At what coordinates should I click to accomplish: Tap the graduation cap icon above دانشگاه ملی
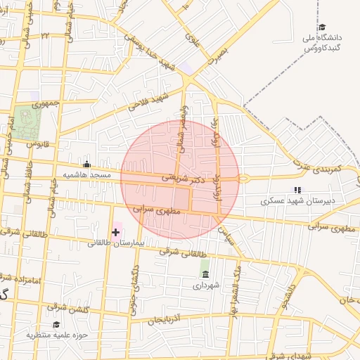[322, 27]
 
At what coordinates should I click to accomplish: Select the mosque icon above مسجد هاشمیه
[86, 165]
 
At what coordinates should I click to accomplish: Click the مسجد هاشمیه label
[87, 174]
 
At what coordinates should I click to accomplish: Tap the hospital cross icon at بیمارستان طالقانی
[115, 232]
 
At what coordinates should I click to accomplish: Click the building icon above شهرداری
[205, 274]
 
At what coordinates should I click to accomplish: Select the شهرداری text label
[206, 285]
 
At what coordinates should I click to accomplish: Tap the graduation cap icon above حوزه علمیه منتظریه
[56, 324]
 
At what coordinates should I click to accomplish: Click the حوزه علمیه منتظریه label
[57, 335]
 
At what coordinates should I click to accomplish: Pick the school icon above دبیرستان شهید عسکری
[297, 190]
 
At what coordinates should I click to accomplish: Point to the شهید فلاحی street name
[148, 101]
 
